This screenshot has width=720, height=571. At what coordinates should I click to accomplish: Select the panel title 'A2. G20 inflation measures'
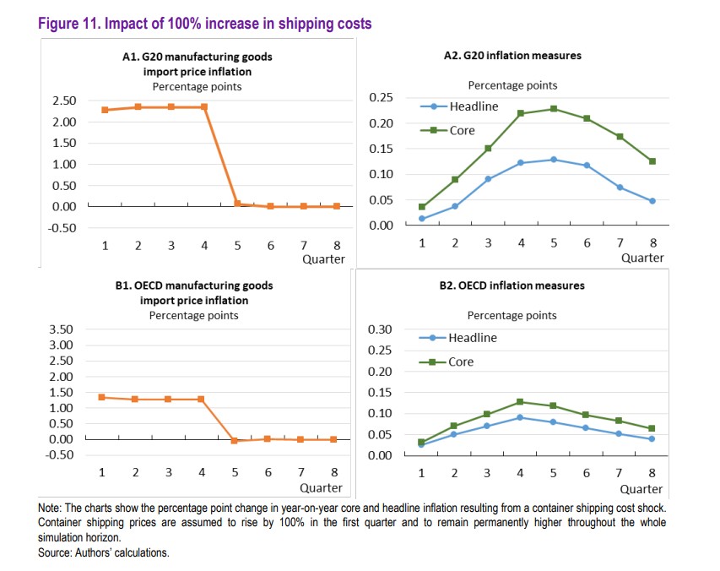click(x=512, y=56)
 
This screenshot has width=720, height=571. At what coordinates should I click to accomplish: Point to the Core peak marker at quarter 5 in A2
click(x=554, y=109)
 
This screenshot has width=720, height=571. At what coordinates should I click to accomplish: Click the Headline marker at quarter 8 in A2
click(x=652, y=201)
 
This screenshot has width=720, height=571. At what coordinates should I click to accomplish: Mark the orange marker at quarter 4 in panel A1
click(x=203, y=107)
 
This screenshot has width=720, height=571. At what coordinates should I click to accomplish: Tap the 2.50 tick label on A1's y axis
click(x=64, y=101)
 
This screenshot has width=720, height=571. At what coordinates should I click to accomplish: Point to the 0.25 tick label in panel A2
click(x=382, y=98)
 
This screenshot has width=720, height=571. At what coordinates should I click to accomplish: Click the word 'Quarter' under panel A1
click(x=323, y=259)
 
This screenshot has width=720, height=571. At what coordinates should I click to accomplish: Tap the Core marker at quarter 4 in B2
click(x=520, y=402)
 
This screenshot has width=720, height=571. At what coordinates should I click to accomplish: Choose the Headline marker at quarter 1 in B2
click(x=421, y=444)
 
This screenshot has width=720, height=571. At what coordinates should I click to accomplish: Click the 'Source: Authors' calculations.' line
click(x=104, y=552)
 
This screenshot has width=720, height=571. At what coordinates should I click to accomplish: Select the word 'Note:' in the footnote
click(x=51, y=509)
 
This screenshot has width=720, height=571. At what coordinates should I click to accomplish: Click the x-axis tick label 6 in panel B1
click(x=268, y=472)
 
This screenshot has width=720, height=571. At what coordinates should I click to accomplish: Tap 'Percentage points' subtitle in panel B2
click(x=512, y=315)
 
